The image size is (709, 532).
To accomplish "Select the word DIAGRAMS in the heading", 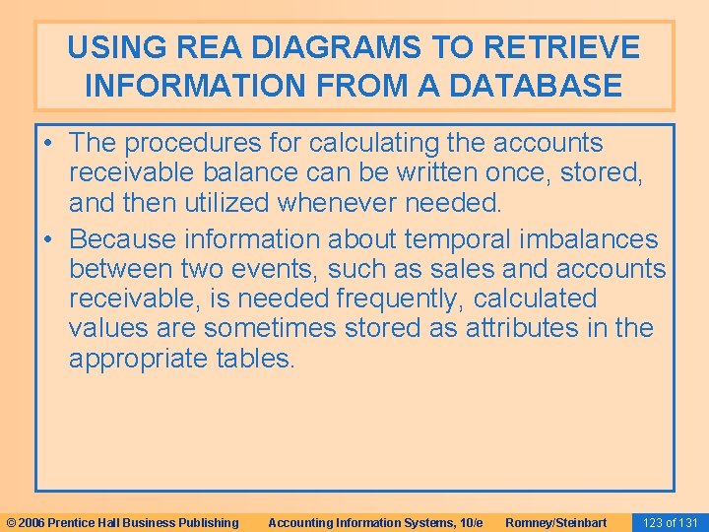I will (326, 46).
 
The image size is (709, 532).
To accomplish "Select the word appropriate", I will (138, 358).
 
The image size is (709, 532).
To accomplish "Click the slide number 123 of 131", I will (669, 522).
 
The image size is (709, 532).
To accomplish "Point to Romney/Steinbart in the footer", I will (556, 522).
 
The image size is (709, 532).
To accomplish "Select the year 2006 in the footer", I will (30, 522).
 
